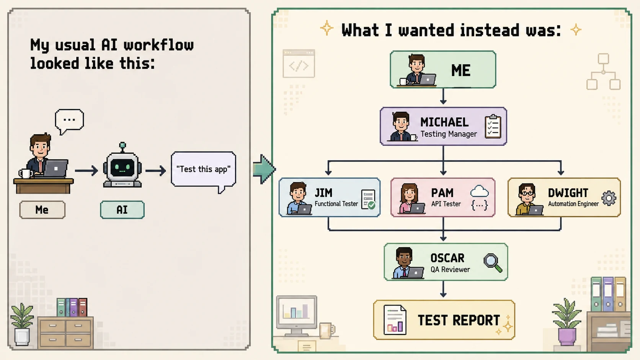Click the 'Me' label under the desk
click(x=42, y=210)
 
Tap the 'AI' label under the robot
click(x=122, y=210)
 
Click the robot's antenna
click(x=122, y=147)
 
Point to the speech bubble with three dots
click(x=69, y=121)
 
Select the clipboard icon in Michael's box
click(x=493, y=127)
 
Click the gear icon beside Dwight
click(x=609, y=198)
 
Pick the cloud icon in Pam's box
click(x=480, y=191)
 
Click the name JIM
click(x=323, y=193)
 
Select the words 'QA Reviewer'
click(x=450, y=269)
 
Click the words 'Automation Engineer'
click(x=573, y=204)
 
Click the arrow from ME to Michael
click(x=443, y=96)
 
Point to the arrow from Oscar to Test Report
click(x=443, y=289)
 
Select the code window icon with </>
click(x=299, y=64)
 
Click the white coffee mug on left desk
click(x=25, y=174)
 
